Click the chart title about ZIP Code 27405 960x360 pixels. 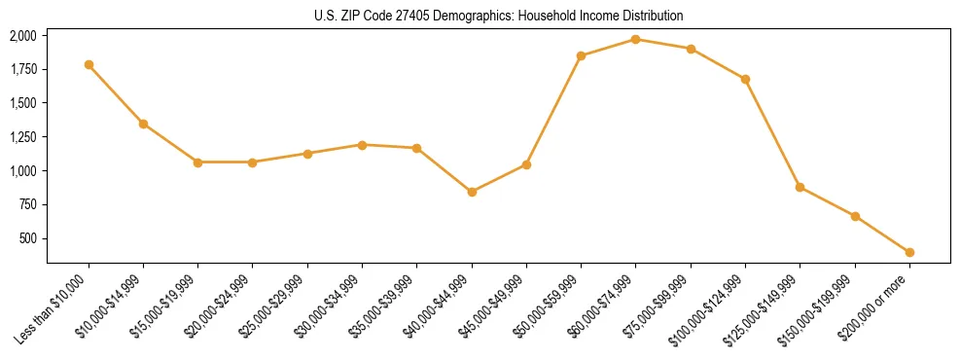point(499,16)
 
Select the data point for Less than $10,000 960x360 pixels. point(89,64)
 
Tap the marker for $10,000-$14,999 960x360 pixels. point(143,124)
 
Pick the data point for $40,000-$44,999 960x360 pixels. point(472,192)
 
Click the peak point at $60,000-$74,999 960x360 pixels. point(635,39)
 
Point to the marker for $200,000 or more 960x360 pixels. point(909,252)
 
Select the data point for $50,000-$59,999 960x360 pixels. point(581,55)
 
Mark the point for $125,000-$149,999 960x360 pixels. point(800,187)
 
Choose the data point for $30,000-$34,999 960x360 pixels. point(362,145)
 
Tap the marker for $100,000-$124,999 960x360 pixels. point(745,79)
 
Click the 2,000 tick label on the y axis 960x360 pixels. point(22,36)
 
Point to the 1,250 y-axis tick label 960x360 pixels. point(22,137)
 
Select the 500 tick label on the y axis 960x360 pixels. point(27,238)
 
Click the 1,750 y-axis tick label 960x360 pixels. point(22,69)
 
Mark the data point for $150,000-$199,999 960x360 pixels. point(855,216)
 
